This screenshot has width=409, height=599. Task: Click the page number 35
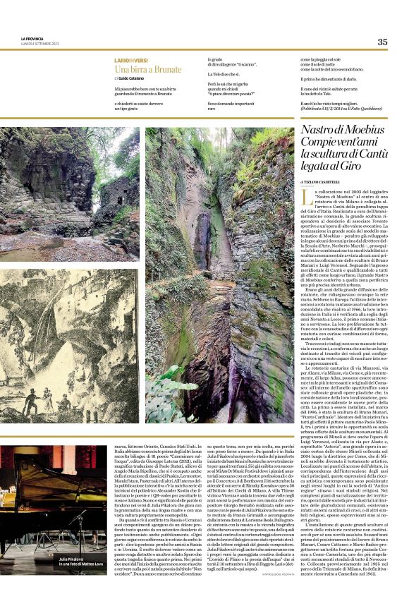click(x=382, y=42)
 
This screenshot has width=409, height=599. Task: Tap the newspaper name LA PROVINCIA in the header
click(x=32, y=39)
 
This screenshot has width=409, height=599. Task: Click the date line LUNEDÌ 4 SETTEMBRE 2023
click(x=39, y=44)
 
